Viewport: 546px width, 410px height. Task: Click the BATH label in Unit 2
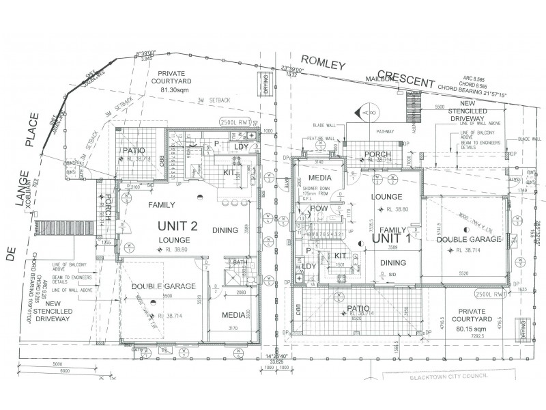point(240,262)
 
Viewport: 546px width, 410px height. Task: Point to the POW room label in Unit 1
point(319,208)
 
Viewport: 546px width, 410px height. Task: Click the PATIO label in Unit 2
point(132,150)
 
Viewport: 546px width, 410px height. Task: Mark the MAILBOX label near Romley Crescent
point(382,79)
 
